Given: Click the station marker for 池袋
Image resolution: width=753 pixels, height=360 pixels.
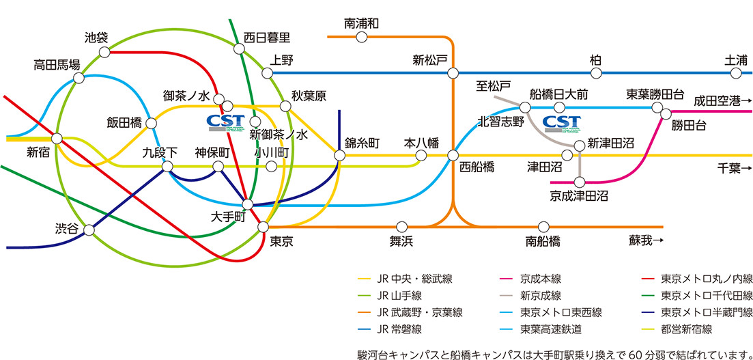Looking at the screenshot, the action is click(106, 52).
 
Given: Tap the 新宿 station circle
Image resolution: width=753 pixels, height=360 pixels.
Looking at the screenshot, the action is click(57, 139).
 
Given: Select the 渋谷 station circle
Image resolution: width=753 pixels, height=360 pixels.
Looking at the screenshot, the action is click(89, 230).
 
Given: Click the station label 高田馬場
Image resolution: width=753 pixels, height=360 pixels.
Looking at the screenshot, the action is click(57, 65).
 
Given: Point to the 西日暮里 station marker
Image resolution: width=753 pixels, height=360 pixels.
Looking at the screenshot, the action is click(239, 49).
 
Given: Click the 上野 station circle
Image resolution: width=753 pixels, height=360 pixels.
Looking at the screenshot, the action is click(267, 73).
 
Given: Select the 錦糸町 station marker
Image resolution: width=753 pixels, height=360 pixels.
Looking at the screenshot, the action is click(339, 155).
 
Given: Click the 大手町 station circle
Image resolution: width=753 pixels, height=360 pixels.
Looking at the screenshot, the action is click(247, 205).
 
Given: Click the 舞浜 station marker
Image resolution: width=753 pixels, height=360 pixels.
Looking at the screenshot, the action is click(402, 226).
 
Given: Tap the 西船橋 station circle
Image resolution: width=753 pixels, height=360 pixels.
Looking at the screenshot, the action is click(453, 155).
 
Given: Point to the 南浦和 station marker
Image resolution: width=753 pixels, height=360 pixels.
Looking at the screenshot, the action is click(362, 36).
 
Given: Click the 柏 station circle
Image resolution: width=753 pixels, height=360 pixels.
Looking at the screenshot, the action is click(596, 73).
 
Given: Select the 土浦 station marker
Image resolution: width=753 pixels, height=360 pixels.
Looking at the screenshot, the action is click(735, 73).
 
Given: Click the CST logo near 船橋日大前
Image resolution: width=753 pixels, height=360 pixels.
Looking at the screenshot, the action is click(561, 123).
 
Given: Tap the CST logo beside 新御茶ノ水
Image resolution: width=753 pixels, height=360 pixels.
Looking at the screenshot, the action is click(225, 122).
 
